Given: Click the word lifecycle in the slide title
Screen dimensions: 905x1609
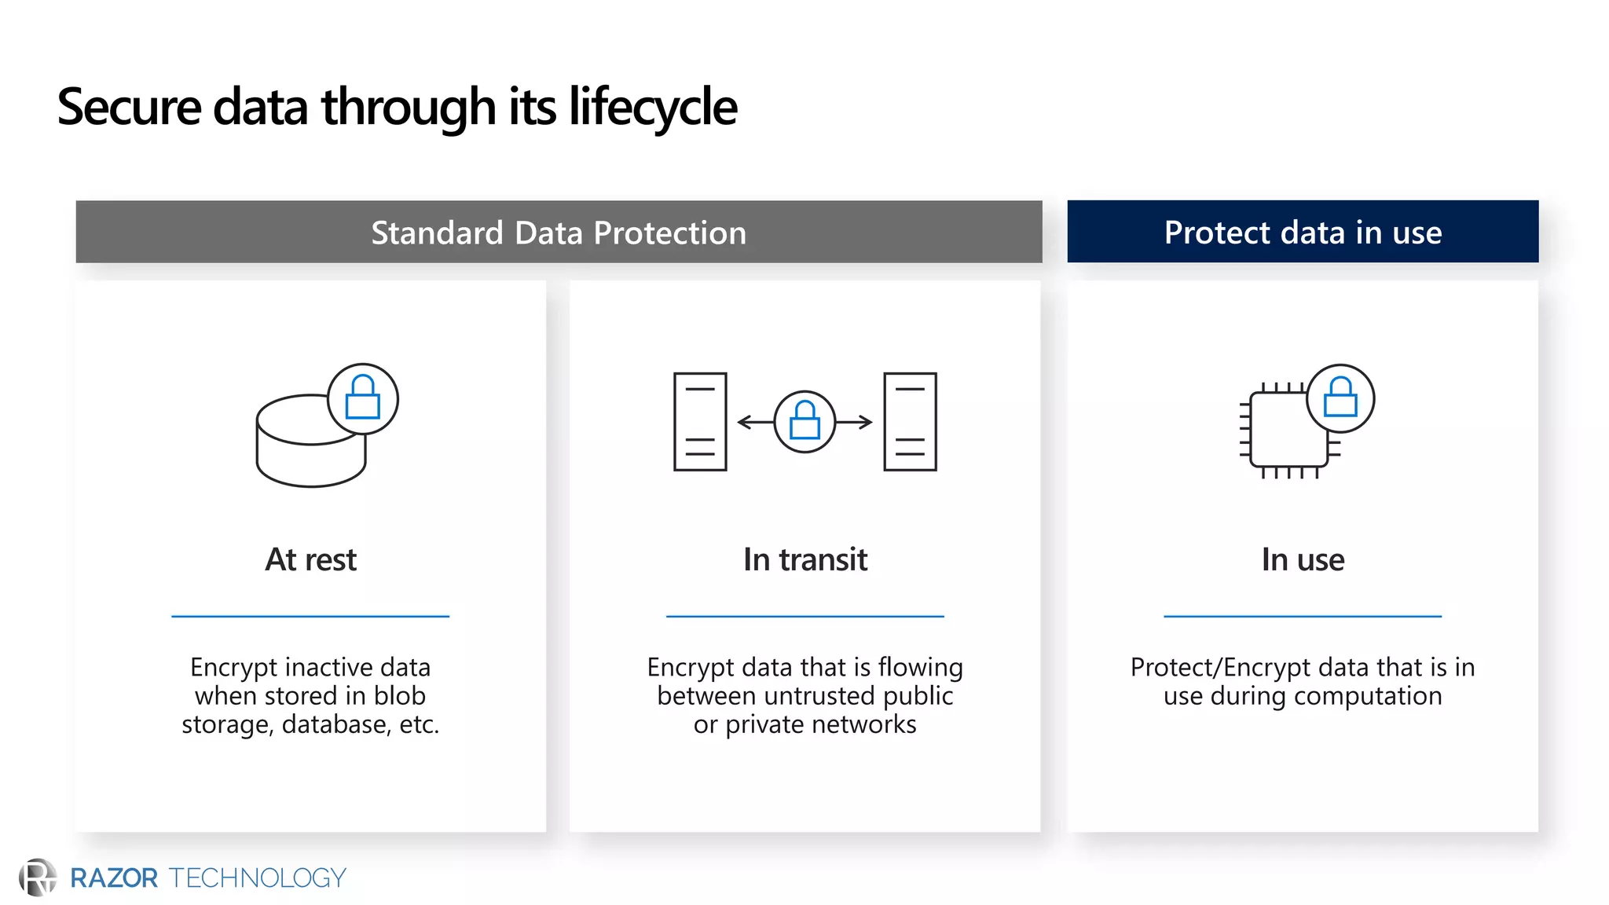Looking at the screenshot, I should pyautogui.click(x=652, y=108).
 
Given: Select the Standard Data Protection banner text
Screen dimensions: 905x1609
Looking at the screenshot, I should pyautogui.click(x=559, y=233).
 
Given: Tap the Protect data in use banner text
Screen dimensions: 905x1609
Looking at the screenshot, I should pyautogui.click(x=1303, y=233).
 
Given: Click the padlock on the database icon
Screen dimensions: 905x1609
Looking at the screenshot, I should pyautogui.click(x=363, y=398).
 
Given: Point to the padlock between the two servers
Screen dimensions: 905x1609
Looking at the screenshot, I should pyautogui.click(x=804, y=422).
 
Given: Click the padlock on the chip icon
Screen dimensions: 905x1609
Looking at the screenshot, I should pyautogui.click(x=1340, y=398).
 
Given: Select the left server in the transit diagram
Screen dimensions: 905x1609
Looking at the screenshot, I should pyautogui.click(x=700, y=422).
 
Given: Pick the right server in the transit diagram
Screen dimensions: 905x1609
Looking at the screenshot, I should pyautogui.click(x=910, y=422).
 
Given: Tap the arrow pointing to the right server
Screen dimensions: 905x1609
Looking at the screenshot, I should pyautogui.click(x=856, y=423).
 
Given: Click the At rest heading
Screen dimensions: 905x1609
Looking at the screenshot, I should pyautogui.click(x=310, y=560).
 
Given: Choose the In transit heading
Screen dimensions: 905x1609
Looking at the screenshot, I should pyautogui.click(x=804, y=560).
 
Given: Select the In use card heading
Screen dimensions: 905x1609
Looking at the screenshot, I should pyautogui.click(x=1303, y=560).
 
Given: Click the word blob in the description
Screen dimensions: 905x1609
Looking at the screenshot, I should pyautogui.click(x=399, y=696).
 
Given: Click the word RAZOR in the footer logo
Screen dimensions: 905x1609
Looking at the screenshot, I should pyautogui.click(x=114, y=878).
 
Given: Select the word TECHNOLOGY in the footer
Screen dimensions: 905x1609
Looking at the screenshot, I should pyautogui.click(x=258, y=878).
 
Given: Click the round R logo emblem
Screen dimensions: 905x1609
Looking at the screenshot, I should pyautogui.click(x=37, y=878).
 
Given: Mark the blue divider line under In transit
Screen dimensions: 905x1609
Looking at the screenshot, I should pyautogui.click(x=804, y=617).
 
